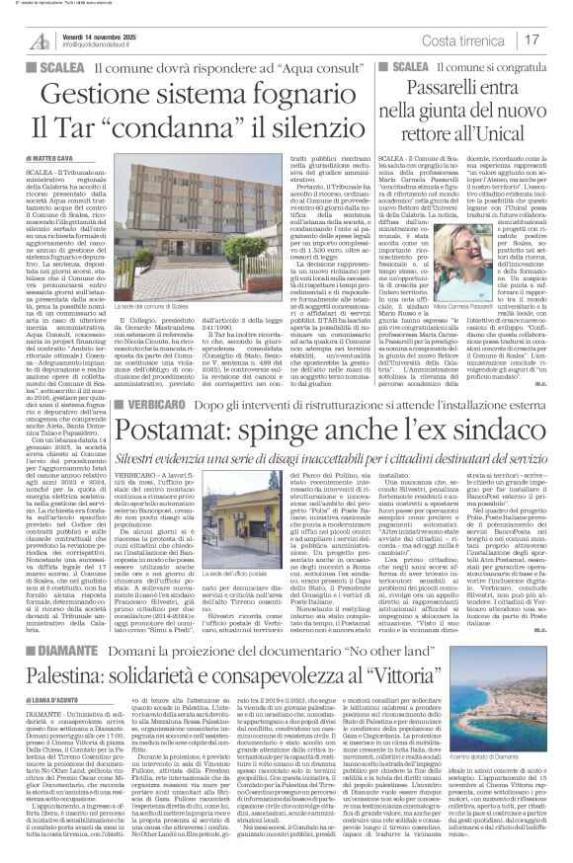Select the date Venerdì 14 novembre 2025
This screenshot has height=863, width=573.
[110, 35]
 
